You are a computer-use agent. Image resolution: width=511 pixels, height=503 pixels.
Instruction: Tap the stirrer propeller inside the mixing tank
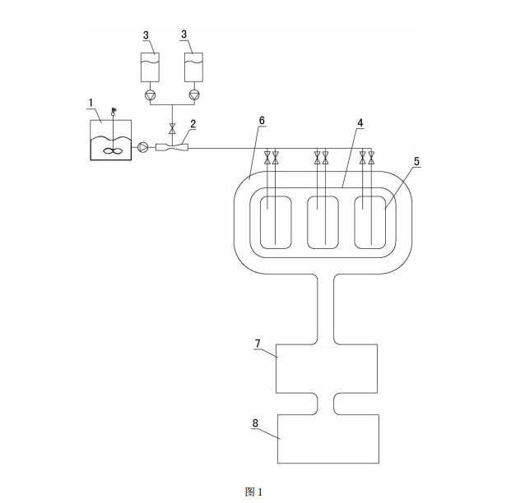pyautogui.click(x=114, y=150)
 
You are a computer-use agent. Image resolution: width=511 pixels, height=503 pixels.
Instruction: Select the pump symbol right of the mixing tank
pyautogui.click(x=143, y=148)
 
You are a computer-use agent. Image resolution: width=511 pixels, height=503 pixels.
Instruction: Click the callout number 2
pyautogui.click(x=193, y=123)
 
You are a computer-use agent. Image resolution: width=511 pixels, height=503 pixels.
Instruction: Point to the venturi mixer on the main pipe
pyautogui.click(x=171, y=148)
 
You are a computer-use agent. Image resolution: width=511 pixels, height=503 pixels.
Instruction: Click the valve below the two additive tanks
pyautogui.click(x=172, y=128)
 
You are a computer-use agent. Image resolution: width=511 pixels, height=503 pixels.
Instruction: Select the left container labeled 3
pyautogui.click(x=151, y=65)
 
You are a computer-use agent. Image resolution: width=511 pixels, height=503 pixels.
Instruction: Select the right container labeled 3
pyautogui.click(x=194, y=65)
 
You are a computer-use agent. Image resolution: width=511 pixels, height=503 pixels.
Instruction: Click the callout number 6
pyautogui.click(x=262, y=120)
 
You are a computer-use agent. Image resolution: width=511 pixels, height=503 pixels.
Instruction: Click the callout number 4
pyautogui.click(x=360, y=123)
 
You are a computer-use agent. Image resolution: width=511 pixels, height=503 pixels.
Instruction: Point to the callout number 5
pyautogui.click(x=416, y=162)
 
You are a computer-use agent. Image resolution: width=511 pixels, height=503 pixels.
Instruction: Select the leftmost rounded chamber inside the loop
pyautogui.click(x=276, y=222)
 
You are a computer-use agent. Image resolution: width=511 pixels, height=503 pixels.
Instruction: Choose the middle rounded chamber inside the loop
pyautogui.click(x=322, y=222)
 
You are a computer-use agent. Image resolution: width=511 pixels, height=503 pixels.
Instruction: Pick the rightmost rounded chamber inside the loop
pyautogui.click(x=369, y=222)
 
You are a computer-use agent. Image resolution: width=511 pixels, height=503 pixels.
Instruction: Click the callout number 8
pyautogui.click(x=255, y=424)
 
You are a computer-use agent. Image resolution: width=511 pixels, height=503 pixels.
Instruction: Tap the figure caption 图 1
pyautogui.click(x=253, y=491)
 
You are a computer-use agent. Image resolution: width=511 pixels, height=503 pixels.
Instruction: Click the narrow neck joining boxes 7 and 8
pyautogui.click(x=325, y=403)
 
